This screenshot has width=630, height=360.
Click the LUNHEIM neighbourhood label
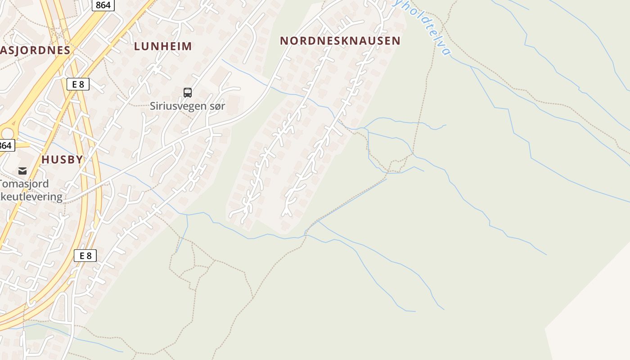(x=163, y=46)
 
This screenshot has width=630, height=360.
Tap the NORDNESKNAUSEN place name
(x=340, y=40)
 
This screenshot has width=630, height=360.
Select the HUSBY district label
(x=62, y=159)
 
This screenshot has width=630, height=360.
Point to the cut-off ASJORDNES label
(x=35, y=50)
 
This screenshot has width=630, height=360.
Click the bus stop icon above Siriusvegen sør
(x=188, y=93)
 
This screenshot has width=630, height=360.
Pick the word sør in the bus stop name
(x=216, y=106)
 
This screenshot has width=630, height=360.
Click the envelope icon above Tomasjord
(x=22, y=171)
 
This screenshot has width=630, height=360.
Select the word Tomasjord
(x=24, y=184)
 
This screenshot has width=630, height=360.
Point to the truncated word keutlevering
(x=31, y=197)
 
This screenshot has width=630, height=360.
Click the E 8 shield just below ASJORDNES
(x=78, y=84)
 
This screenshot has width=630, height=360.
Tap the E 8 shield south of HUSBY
(x=85, y=256)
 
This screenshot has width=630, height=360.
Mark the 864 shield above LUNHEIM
(x=103, y=4)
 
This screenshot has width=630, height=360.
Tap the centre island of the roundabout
(x=6, y=133)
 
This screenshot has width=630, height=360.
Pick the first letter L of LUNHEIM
(x=137, y=46)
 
